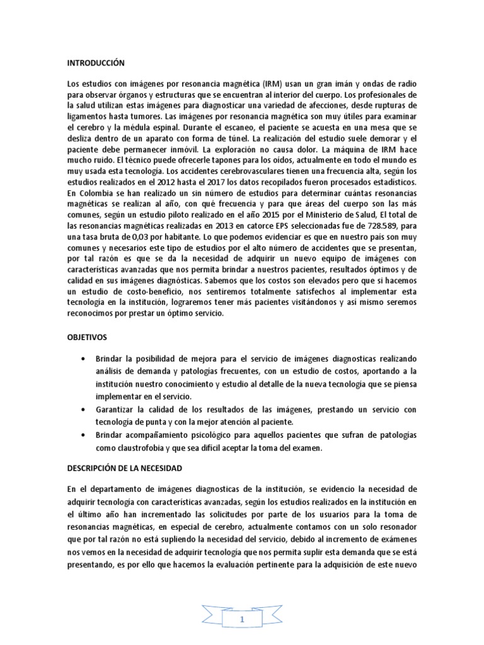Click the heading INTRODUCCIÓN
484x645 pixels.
pos(96,63)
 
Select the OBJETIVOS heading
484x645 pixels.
pos(88,338)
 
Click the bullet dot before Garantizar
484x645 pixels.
pos(84,409)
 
